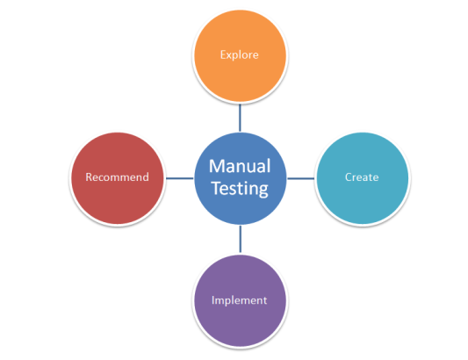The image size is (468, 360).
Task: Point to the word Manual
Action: (x=239, y=167)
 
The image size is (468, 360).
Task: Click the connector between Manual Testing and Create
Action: (x=300, y=177)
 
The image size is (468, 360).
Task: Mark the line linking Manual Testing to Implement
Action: (x=239, y=239)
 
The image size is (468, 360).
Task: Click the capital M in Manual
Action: (x=216, y=167)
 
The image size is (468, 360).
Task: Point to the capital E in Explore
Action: (x=222, y=54)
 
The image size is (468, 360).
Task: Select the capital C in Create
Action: (x=348, y=177)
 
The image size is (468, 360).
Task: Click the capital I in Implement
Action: (x=213, y=300)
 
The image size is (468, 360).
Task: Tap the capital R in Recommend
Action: (x=88, y=177)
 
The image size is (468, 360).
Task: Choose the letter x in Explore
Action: (x=228, y=55)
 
